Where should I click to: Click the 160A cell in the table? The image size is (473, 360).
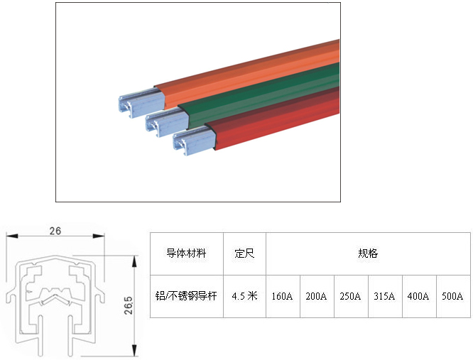[283, 296]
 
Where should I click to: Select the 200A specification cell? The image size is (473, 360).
[317, 296]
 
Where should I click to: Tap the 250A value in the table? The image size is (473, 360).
[351, 296]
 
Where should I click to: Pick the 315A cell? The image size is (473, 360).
[385, 296]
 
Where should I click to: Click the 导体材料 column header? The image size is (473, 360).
[186, 253]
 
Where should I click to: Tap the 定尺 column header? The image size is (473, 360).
[244, 253]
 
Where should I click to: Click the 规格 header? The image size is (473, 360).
[368, 253]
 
